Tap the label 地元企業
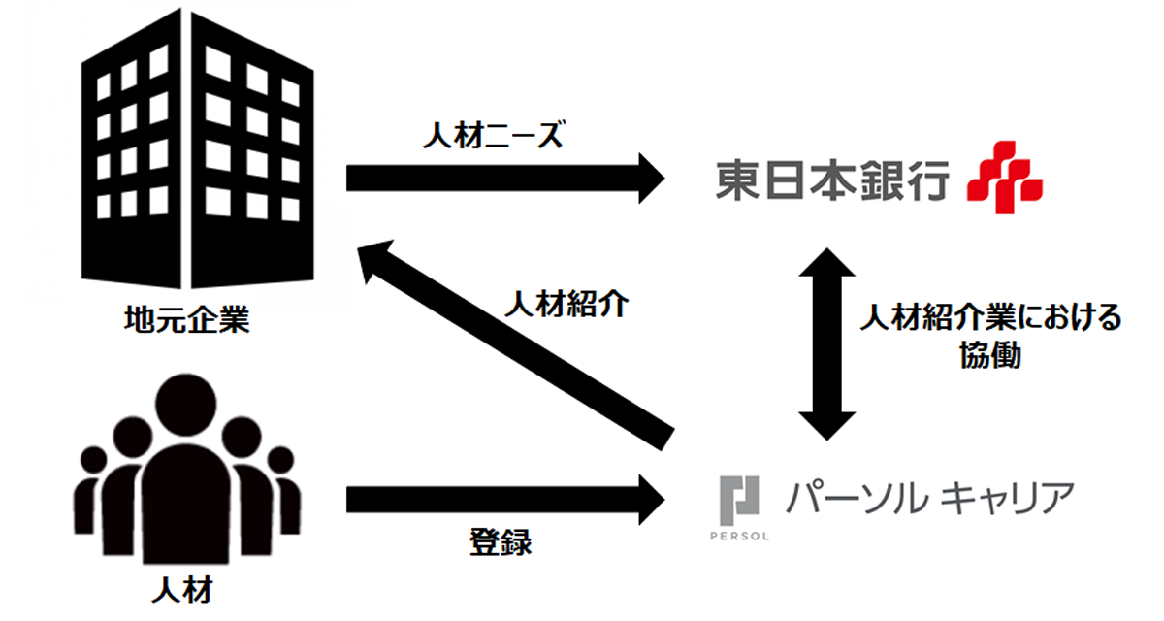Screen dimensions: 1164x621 point(187,319)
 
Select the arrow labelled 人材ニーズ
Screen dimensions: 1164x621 point(505,179)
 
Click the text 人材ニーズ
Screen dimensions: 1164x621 point(493,135)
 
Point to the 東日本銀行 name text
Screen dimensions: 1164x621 point(832,180)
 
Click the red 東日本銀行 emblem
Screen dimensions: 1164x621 point(1005,178)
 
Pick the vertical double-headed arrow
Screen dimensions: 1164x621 point(826,344)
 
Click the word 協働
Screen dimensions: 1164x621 point(990,355)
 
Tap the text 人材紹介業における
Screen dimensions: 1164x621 point(991,317)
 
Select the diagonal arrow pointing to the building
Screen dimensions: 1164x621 point(515,345)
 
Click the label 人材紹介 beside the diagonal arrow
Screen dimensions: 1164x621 point(566,304)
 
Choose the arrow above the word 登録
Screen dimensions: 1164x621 point(505,500)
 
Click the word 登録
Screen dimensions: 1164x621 point(501,542)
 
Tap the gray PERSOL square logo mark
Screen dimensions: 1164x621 point(739,501)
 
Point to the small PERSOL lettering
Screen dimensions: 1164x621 point(739,536)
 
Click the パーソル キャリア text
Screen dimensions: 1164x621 point(930,499)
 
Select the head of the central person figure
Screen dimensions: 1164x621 point(185,405)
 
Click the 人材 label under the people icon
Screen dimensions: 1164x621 point(182,590)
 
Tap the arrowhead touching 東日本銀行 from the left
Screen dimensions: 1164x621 point(652,179)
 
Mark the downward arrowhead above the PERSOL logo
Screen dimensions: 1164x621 point(826,426)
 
